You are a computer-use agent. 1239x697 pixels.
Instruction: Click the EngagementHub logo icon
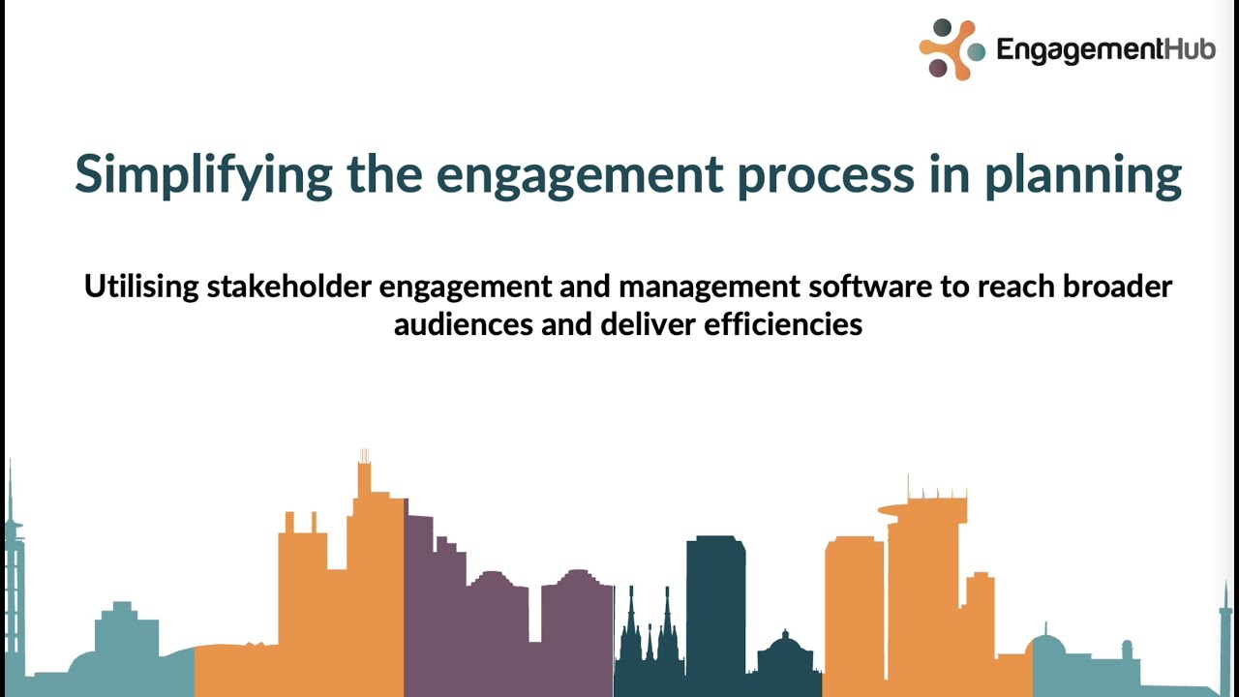tap(950, 48)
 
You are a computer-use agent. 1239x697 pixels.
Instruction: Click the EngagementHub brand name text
tap(1105, 50)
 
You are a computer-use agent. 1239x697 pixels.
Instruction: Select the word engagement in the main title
tap(579, 174)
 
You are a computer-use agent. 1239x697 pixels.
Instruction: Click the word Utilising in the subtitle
tap(141, 287)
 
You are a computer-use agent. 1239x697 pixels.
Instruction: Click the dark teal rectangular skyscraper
tap(715, 600)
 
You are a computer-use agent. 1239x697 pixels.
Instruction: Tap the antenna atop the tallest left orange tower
tap(364, 458)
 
